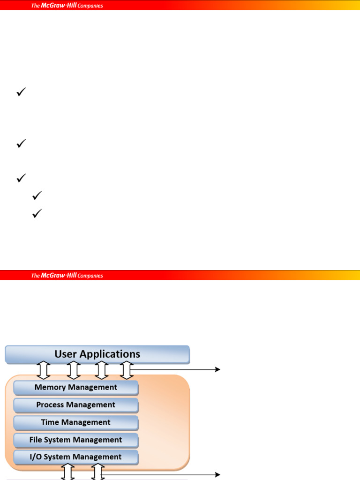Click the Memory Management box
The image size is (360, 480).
point(76,388)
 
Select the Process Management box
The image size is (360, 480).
point(76,405)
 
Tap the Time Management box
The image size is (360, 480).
point(76,422)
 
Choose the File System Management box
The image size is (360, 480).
point(76,440)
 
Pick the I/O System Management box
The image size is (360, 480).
point(76,457)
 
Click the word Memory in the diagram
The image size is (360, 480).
point(50,388)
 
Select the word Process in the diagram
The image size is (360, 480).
point(49,405)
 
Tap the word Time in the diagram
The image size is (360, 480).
point(50,422)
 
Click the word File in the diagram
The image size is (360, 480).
point(37,440)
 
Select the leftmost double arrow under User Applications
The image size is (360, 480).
point(44,370)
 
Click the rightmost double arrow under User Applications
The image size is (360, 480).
point(126,370)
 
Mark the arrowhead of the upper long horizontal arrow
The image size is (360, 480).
point(217,369)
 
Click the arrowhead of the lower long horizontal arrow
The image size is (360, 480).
point(217,474)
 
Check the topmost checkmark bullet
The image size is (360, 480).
point(21,93)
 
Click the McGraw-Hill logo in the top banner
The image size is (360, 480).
point(67,6)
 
